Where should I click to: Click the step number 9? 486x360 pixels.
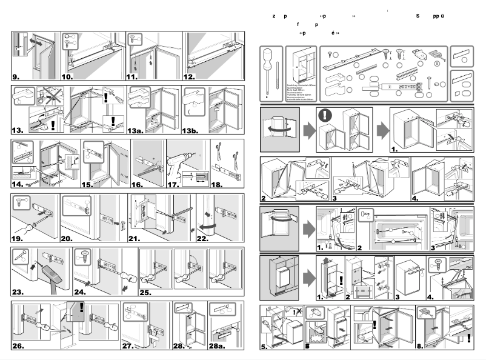[x=16, y=77]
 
